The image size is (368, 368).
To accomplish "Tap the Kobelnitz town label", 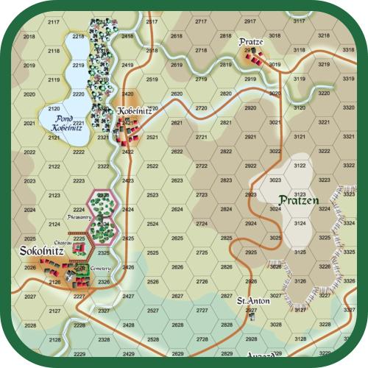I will coord(135,110).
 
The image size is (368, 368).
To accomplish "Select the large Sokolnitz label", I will coord(41,251).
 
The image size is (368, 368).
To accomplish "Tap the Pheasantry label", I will coord(77,218).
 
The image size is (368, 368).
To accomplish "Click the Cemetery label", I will coord(101,269).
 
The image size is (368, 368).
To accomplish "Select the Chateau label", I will coord(61,242).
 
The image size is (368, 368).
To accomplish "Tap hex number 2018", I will coord(29,35).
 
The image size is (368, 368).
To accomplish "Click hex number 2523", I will coord(152,195).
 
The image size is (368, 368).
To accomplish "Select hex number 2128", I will coord(54,339).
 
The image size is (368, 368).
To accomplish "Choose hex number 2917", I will coord(251,22).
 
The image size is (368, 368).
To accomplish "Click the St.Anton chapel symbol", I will coord(251,311).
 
